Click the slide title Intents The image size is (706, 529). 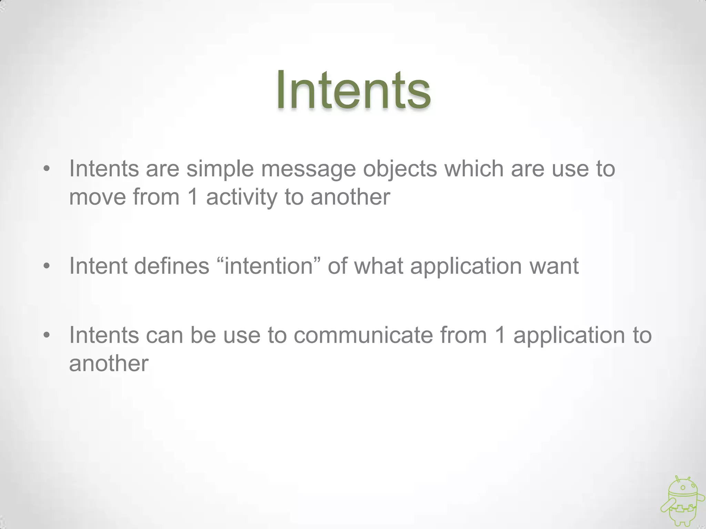tap(353, 90)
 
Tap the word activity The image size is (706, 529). tap(241, 198)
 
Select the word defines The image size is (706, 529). tap(171, 266)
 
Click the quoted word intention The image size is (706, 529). tap(269, 266)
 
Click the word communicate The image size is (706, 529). tap(363, 335)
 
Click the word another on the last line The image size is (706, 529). tap(109, 363)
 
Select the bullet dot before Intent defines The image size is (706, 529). tap(47, 266)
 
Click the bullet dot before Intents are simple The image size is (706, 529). tap(47, 169)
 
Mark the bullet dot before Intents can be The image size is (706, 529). tap(47, 335)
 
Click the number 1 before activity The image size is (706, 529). tap(193, 198)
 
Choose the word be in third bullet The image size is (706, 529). tap(203, 335)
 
